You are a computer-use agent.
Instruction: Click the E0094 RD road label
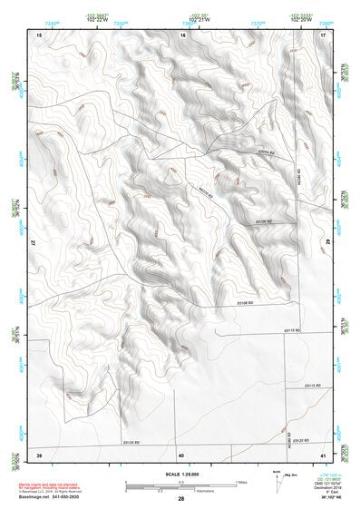265,152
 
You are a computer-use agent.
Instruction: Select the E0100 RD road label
264,220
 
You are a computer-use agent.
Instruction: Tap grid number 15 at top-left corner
39,34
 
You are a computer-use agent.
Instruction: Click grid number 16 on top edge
182,34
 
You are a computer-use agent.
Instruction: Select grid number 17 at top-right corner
323,34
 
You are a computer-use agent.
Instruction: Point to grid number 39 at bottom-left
39,454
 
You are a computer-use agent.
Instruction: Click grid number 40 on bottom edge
181,454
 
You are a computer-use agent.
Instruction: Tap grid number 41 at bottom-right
323,454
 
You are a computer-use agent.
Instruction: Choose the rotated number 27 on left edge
37,243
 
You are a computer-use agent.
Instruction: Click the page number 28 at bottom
181,499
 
